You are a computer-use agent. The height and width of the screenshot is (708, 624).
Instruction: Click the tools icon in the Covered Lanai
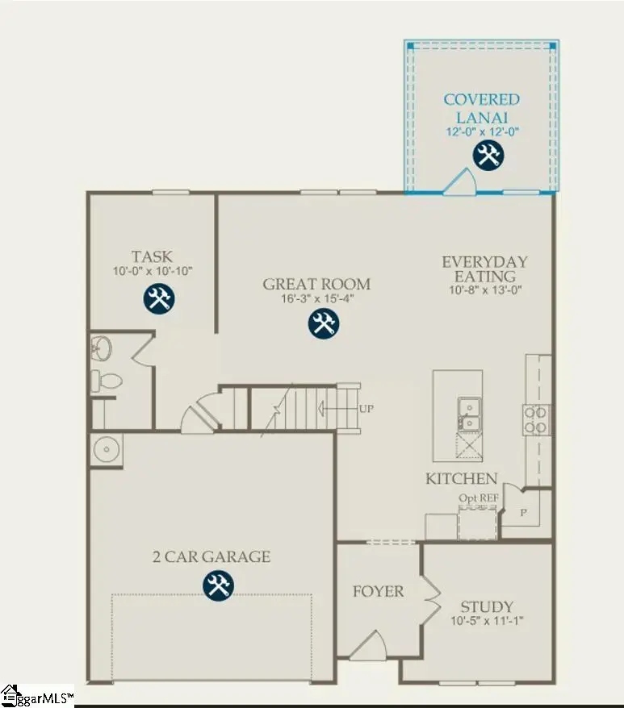point(488,155)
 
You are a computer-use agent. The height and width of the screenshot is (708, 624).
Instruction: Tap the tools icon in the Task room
point(158,298)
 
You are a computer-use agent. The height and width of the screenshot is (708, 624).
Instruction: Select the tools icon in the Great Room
point(324,324)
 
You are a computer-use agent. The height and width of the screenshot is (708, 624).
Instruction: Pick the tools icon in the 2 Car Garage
point(216,585)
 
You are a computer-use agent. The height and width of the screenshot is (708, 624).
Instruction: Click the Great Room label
point(316,284)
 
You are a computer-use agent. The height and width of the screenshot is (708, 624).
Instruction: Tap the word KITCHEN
point(462,479)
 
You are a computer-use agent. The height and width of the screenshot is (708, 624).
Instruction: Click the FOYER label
point(379,591)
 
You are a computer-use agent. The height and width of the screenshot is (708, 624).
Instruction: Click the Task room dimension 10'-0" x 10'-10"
point(153,271)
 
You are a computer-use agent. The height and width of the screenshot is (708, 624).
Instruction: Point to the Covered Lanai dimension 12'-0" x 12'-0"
point(482,131)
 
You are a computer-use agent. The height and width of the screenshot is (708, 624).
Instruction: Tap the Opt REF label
point(479,498)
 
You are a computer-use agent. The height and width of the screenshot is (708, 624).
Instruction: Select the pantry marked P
point(523,513)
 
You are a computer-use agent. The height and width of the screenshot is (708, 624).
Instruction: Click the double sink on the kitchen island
point(467,414)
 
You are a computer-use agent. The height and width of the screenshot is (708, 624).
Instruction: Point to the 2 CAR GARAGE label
point(211,556)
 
